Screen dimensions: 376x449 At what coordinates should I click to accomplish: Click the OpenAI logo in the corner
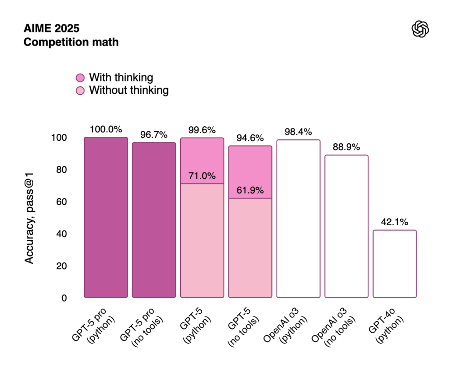pyautogui.click(x=420, y=29)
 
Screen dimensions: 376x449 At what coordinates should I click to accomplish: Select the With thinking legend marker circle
pyautogui.click(x=80, y=78)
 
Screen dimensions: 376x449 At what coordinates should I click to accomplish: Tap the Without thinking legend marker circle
pyautogui.click(x=80, y=91)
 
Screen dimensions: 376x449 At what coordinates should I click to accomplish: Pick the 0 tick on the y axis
pyautogui.click(x=64, y=298)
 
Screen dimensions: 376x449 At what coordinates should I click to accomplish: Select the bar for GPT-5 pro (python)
pyautogui.click(x=106, y=217)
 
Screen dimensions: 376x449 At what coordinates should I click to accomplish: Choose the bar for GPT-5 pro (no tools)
pyautogui.click(x=154, y=220)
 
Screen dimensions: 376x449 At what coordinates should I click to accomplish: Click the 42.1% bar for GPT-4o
pyautogui.click(x=395, y=264)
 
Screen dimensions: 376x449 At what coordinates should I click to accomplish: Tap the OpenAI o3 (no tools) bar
pyautogui.click(x=346, y=226)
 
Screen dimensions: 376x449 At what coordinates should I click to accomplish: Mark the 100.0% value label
pyautogui.click(x=106, y=130)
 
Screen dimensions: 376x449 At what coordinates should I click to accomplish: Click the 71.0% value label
pyautogui.click(x=202, y=176)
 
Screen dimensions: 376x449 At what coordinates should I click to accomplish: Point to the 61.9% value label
pyautogui.click(x=250, y=191)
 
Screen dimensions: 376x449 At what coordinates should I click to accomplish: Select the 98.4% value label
pyautogui.click(x=298, y=132)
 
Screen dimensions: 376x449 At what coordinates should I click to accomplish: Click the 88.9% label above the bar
pyautogui.click(x=346, y=147)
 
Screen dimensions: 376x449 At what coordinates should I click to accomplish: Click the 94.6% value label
pyautogui.click(x=250, y=138)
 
